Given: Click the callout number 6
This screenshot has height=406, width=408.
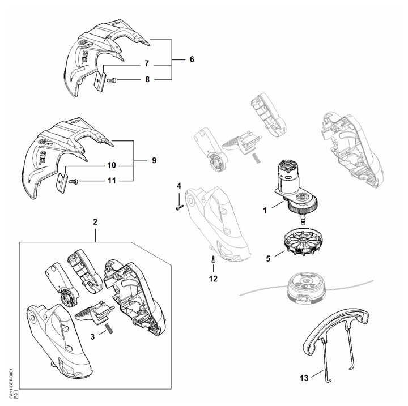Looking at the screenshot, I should point(192,59).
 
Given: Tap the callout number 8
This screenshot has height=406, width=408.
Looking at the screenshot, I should point(147,80).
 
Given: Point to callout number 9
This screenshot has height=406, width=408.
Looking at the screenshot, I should point(154,160).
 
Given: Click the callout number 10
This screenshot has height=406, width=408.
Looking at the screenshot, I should point(112,166).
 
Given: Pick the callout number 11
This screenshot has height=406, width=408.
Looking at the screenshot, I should point(112,181).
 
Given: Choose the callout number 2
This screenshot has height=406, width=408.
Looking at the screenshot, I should point(95,221).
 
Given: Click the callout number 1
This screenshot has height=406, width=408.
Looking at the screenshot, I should point(264,210).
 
